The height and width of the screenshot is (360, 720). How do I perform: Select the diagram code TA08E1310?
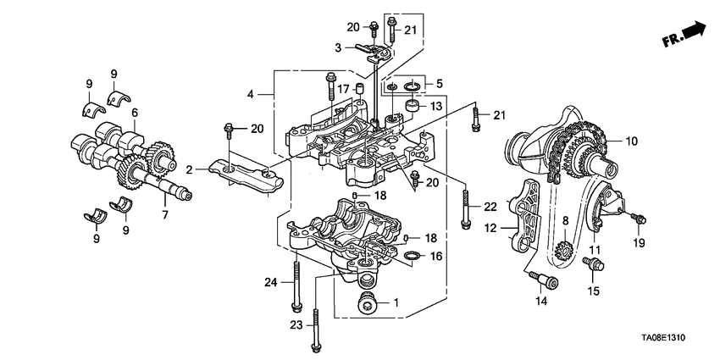(x=663, y=338)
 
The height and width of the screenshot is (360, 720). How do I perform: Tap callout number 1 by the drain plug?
(x=396, y=302)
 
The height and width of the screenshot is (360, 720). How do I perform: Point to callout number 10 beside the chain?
(x=632, y=141)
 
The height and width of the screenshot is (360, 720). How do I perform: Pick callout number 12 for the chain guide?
(x=490, y=227)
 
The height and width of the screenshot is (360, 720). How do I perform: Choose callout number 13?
(x=435, y=107)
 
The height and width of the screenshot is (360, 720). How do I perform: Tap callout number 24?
(x=271, y=282)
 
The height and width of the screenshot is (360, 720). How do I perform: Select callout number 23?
(x=296, y=325)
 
